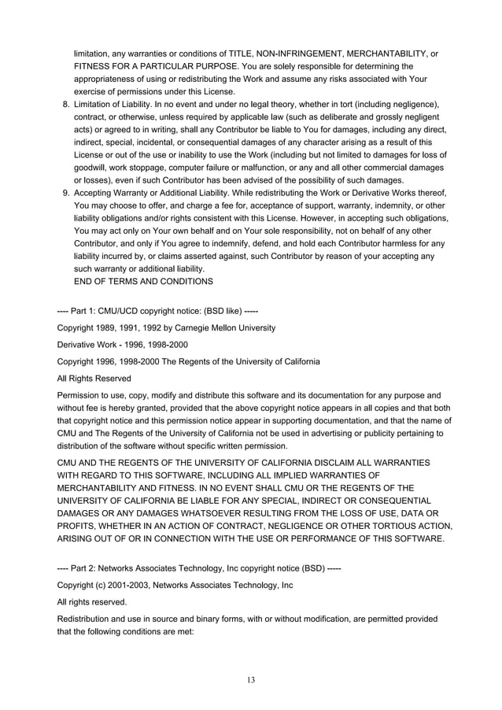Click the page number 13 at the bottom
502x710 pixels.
[x=251, y=679]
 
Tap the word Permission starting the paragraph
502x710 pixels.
[x=83, y=394]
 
